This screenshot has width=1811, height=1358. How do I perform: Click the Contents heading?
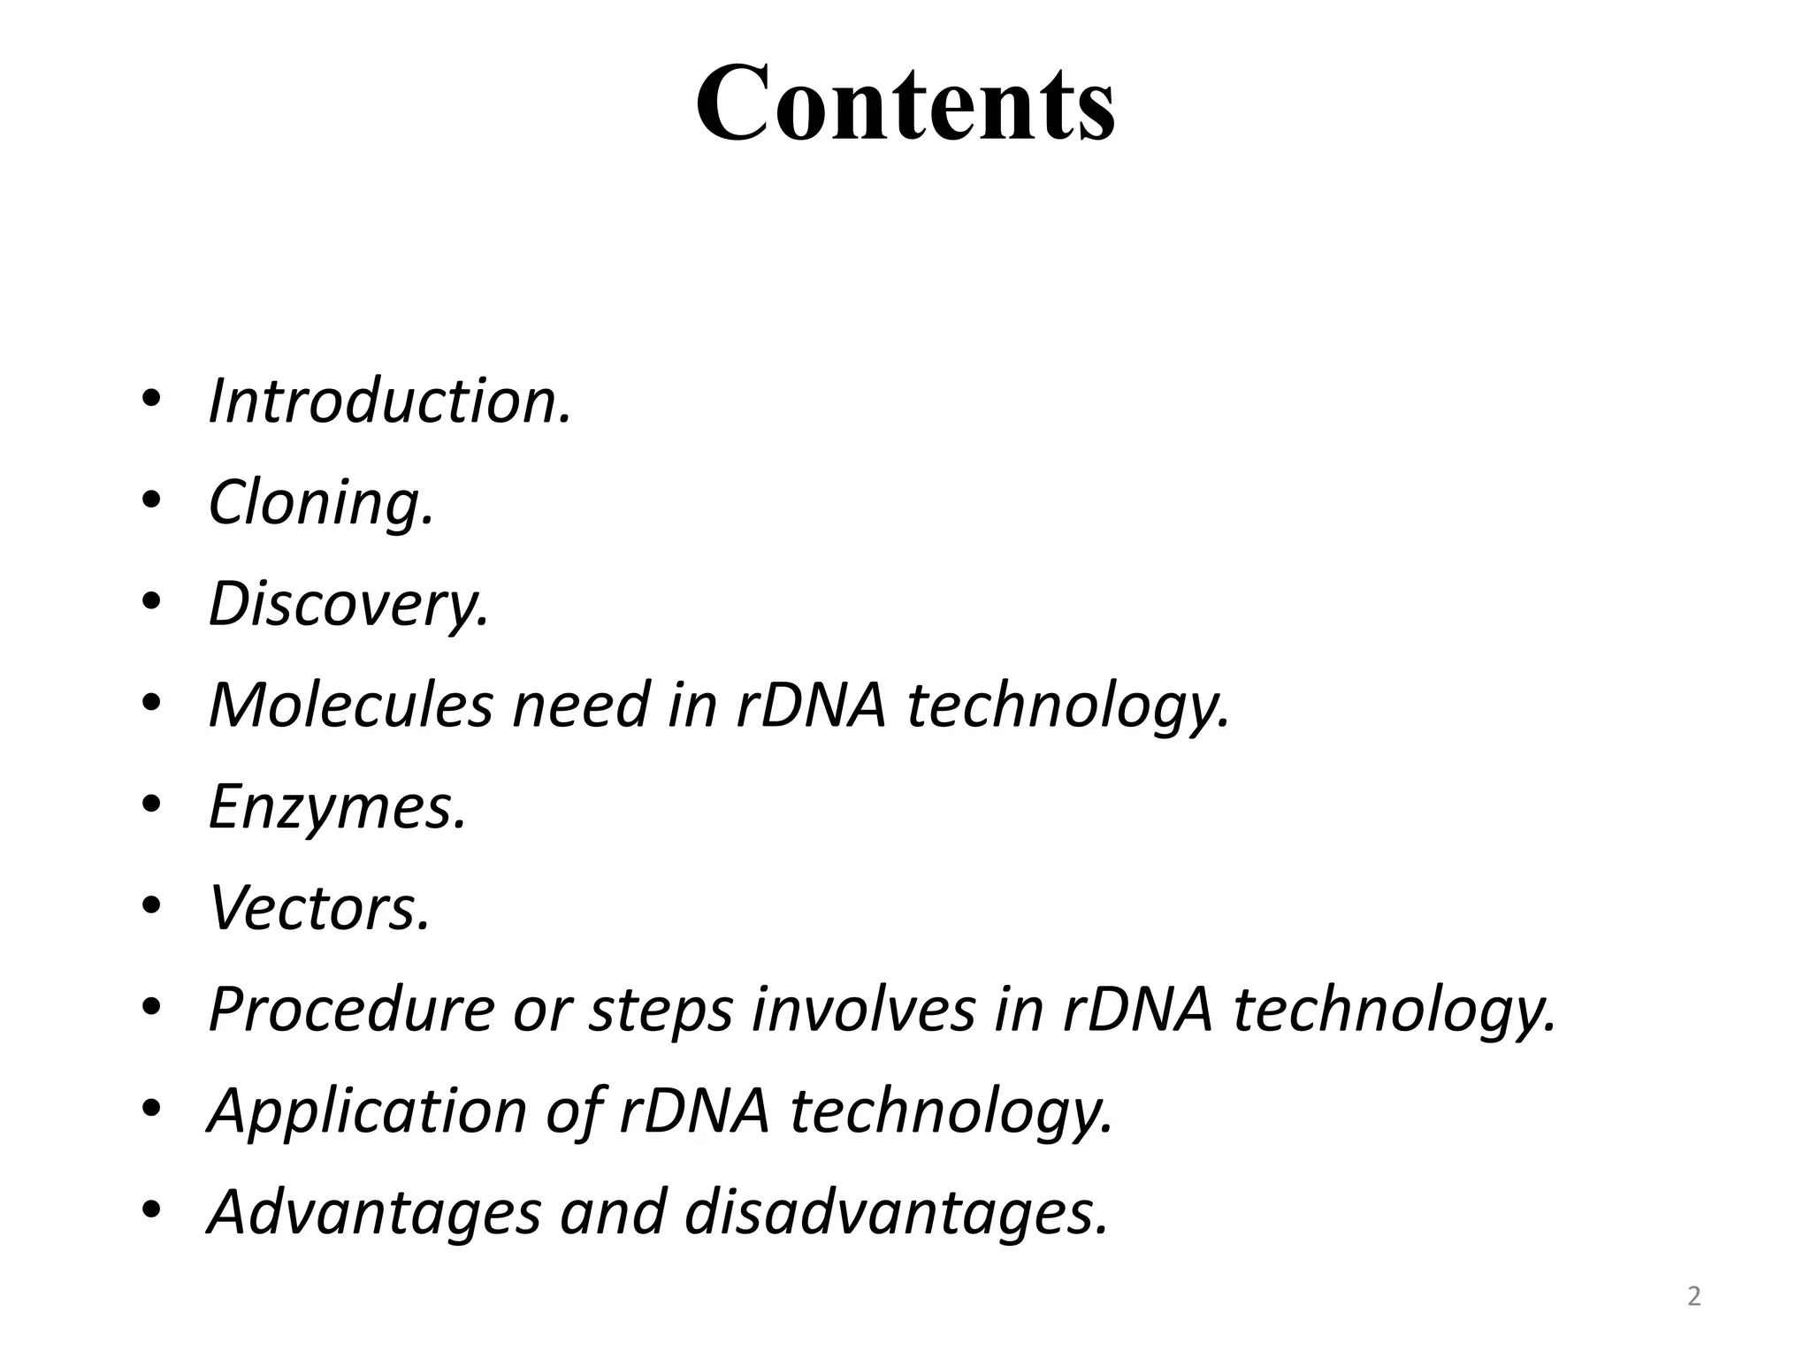[x=905, y=104]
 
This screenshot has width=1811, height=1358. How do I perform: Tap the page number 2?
[x=1693, y=1296]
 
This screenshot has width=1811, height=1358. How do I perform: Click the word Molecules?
[x=350, y=706]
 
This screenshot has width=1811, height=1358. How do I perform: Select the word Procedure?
[x=351, y=1010]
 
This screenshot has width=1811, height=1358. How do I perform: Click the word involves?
[x=863, y=1010]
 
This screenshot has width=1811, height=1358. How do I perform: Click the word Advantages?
[x=374, y=1212]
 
